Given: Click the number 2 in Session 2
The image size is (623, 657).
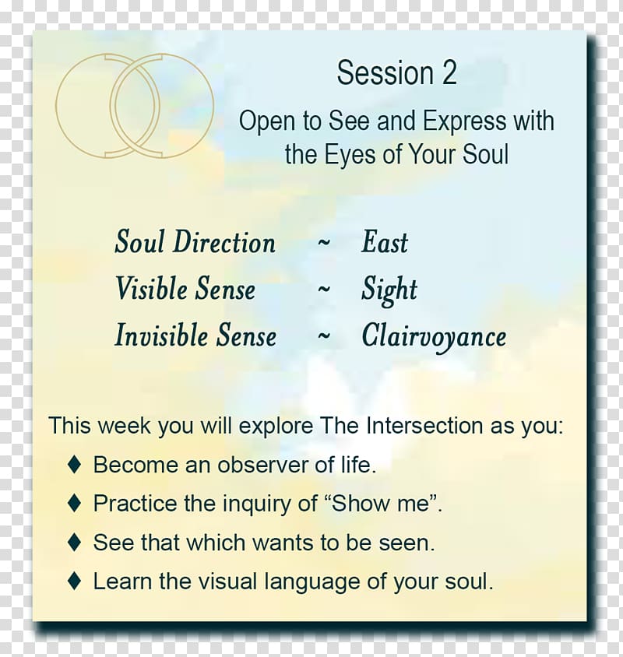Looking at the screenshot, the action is click(449, 73).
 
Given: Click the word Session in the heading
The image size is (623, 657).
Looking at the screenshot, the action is click(385, 73).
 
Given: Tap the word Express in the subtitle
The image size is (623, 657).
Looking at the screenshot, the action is click(464, 121).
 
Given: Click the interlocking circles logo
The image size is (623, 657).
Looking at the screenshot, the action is click(135, 106).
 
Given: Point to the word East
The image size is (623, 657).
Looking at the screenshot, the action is click(385, 242).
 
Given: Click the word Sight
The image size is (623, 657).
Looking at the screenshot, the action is click(389, 290).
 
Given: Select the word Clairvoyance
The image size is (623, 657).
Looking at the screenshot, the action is click(434, 336).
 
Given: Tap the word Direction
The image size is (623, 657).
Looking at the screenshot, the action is click(224, 242).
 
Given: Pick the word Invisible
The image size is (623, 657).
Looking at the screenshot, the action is click(161, 336).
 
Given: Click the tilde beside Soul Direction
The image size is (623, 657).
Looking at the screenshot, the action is click(324, 243).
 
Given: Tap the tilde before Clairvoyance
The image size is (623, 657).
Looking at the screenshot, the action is click(324, 336).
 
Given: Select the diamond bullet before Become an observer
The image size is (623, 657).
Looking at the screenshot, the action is click(74, 464).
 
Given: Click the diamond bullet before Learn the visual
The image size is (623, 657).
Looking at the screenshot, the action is click(74, 581).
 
